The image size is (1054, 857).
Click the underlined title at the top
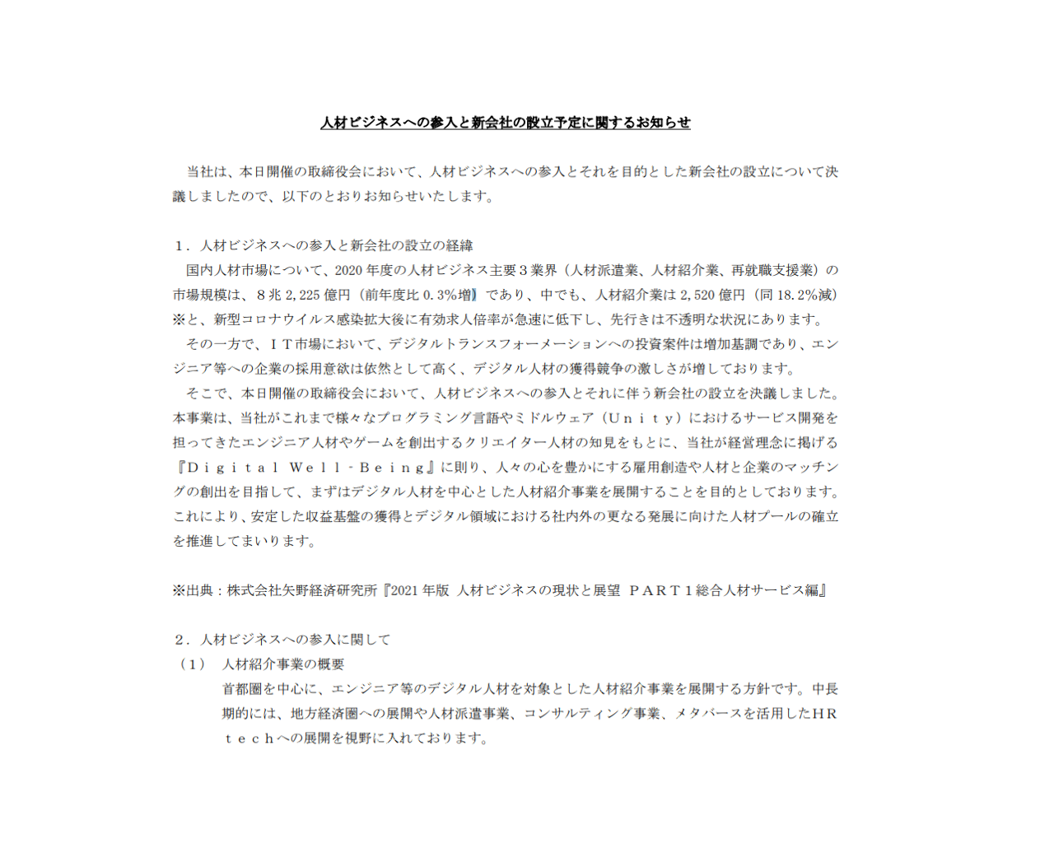click(x=505, y=123)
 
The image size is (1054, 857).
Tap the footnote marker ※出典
click(x=192, y=590)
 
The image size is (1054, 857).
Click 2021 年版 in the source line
click(x=420, y=590)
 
